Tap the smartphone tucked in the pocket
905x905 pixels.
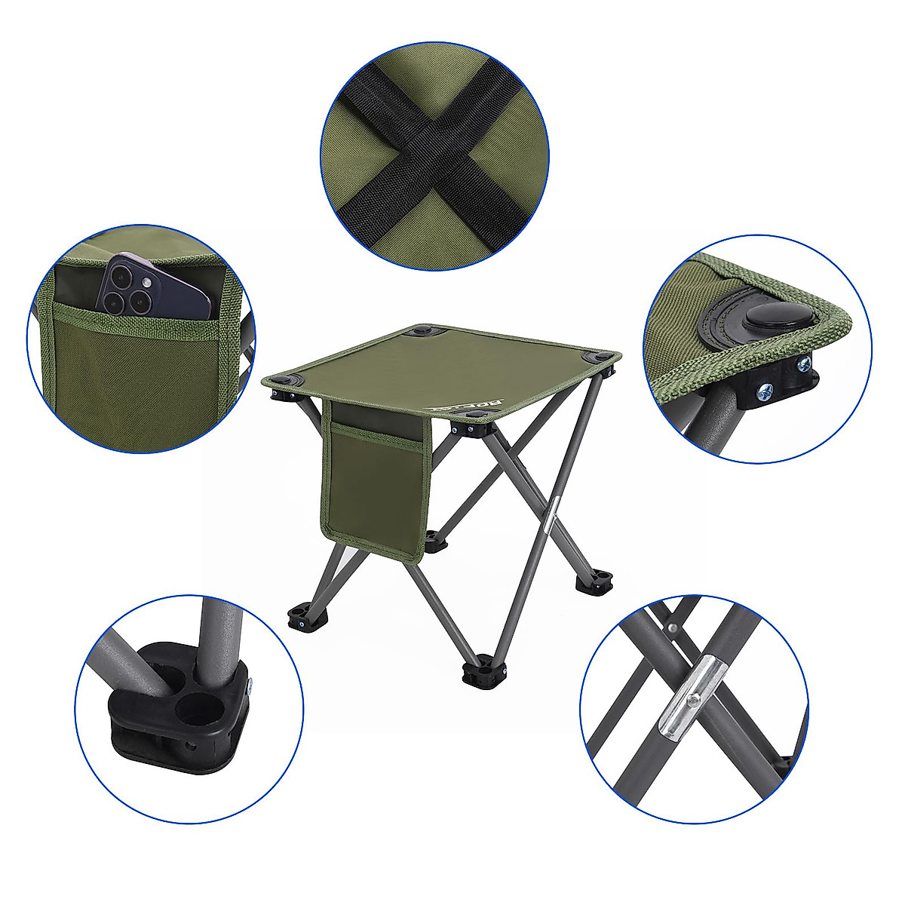[154, 286]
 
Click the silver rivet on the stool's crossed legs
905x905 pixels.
[552, 508]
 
